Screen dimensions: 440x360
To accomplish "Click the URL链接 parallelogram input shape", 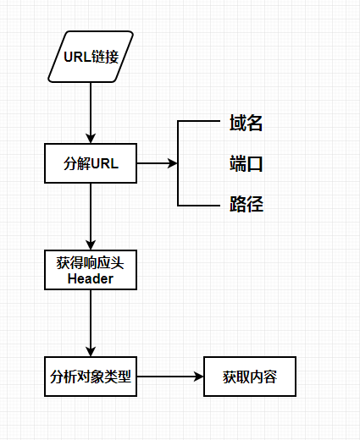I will (91, 57).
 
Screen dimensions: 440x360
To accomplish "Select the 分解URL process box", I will (91, 163).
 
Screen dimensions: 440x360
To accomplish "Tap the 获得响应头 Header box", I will (91, 268).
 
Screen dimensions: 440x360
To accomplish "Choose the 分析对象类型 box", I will (91, 376).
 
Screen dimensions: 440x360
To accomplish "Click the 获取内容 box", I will (249, 376).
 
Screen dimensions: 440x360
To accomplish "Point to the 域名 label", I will (246, 124).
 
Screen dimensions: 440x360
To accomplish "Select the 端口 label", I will (246, 164).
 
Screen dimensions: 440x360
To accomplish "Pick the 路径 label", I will (246, 204).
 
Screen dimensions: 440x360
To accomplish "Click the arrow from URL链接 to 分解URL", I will (91, 110).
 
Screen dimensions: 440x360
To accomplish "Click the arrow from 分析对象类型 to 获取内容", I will (169, 376).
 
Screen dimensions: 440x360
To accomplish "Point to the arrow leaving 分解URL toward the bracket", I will (157, 163).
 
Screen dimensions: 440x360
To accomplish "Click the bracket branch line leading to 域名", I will (199, 123).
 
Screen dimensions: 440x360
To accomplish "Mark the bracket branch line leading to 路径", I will (199, 205).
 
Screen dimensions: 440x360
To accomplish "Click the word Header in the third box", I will (91, 278).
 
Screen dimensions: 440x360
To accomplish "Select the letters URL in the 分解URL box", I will (105, 163).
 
